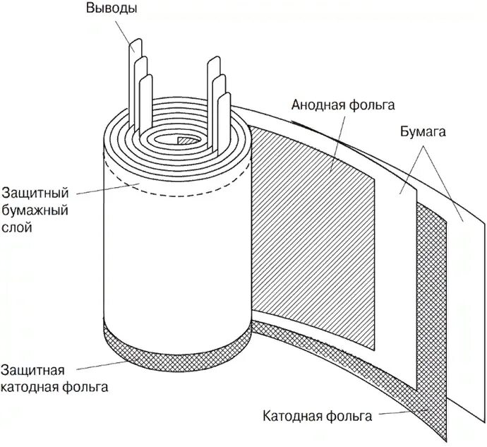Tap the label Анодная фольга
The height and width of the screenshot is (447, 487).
click(x=342, y=105)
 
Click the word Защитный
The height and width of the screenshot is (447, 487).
click(x=35, y=192)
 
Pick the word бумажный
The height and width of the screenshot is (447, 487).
click(x=35, y=210)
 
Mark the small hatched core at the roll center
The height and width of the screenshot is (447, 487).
click(x=186, y=141)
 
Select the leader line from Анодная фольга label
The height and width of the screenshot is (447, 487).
click(x=339, y=141)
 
